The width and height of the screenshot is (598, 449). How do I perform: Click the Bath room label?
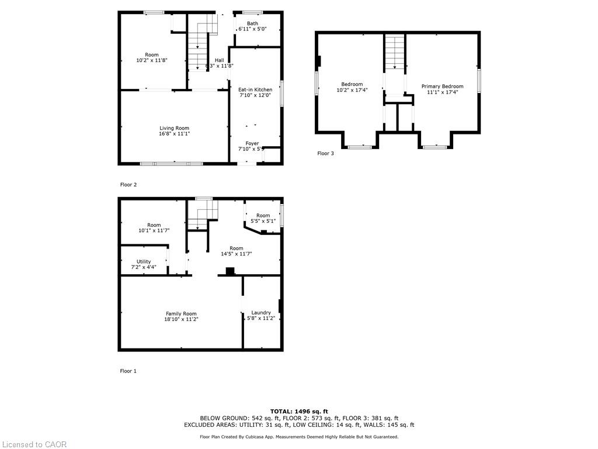(252, 23)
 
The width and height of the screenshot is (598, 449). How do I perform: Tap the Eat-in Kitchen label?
(255, 89)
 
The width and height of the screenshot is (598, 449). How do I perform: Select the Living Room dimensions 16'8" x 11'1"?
(174, 134)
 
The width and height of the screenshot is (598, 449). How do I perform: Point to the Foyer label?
(252, 144)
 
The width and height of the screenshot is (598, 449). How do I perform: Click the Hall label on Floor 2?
(220, 60)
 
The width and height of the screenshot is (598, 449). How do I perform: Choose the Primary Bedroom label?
(443, 87)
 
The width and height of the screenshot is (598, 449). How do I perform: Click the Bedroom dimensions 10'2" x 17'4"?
(352, 90)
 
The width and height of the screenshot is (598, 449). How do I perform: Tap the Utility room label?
(144, 262)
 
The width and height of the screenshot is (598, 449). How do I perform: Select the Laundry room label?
(261, 313)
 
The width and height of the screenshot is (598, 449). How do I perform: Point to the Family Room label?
(181, 314)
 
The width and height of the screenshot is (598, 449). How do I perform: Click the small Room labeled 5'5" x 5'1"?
(263, 218)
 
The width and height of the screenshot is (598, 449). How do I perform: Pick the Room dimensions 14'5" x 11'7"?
(237, 254)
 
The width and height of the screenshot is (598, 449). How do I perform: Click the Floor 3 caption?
(325, 154)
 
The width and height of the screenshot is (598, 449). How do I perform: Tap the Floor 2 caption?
(128, 185)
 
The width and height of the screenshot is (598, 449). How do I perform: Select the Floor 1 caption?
(128, 371)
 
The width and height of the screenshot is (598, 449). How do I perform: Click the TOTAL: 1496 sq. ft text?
(299, 411)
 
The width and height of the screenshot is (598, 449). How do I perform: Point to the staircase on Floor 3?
(394, 52)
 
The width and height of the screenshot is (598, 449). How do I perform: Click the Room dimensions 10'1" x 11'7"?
(154, 230)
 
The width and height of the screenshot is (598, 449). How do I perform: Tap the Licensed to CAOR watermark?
(34, 444)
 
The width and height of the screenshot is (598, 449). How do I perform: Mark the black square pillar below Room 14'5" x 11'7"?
(230, 271)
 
